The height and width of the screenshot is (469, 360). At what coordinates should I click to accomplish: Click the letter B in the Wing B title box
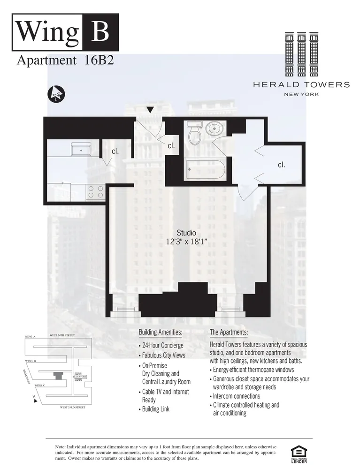[x=100, y=32]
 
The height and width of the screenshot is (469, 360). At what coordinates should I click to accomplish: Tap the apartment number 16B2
[x=96, y=61]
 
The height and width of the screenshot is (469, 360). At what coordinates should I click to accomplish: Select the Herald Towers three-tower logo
[x=301, y=54]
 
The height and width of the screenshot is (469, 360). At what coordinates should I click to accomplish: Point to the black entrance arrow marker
[x=150, y=110]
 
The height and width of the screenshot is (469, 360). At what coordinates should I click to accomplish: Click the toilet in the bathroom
[x=194, y=133]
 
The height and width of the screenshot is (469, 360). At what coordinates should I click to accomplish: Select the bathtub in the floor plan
[x=205, y=169]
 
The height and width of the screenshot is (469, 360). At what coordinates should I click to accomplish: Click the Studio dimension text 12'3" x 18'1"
[x=186, y=242]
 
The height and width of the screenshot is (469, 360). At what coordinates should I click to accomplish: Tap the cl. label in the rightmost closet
[x=282, y=165]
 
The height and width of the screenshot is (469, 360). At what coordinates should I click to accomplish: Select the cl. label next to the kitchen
[x=115, y=151]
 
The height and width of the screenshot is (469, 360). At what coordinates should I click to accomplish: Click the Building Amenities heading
[x=161, y=333]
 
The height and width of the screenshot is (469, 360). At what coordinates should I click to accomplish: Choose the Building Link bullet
[x=155, y=409]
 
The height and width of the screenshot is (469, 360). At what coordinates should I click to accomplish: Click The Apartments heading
[x=229, y=333]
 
